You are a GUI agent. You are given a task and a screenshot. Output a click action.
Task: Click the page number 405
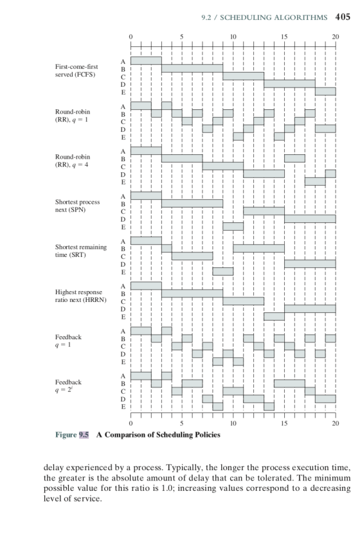click(x=343, y=17)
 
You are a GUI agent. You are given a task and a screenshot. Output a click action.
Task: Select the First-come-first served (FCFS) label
click(x=76, y=71)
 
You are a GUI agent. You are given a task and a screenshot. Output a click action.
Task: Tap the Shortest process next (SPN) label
click(x=78, y=206)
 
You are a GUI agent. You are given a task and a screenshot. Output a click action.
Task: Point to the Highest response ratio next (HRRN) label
click(x=81, y=296)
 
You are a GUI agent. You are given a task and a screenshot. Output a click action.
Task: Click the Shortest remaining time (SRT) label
click(x=81, y=251)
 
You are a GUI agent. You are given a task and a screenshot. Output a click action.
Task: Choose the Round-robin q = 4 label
click(x=73, y=161)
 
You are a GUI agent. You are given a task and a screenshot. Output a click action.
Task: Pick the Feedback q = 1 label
click(x=68, y=340)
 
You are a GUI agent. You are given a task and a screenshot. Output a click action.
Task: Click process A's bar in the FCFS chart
click(x=146, y=60)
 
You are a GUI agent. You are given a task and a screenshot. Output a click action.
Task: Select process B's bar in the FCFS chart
click(x=192, y=69)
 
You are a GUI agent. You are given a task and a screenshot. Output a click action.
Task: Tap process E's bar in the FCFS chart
click(x=325, y=91)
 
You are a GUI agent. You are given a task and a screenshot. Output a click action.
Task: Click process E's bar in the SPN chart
click(x=233, y=226)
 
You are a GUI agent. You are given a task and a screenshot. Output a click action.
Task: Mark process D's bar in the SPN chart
click(x=310, y=219)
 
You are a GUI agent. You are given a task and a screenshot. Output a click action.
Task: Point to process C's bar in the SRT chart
click(x=192, y=256)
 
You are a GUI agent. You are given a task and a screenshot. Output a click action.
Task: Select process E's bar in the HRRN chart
click(x=274, y=317)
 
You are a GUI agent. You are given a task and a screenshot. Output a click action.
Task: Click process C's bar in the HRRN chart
click(x=244, y=301)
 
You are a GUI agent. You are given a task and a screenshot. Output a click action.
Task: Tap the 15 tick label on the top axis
click(x=284, y=37)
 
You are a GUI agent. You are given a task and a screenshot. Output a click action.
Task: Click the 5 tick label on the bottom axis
click(x=182, y=423)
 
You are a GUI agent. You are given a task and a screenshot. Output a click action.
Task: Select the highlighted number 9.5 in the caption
click(x=84, y=435)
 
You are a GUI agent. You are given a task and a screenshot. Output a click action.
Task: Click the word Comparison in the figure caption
click(x=125, y=435)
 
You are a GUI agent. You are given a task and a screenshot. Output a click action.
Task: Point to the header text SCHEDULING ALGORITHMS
click(x=274, y=17)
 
